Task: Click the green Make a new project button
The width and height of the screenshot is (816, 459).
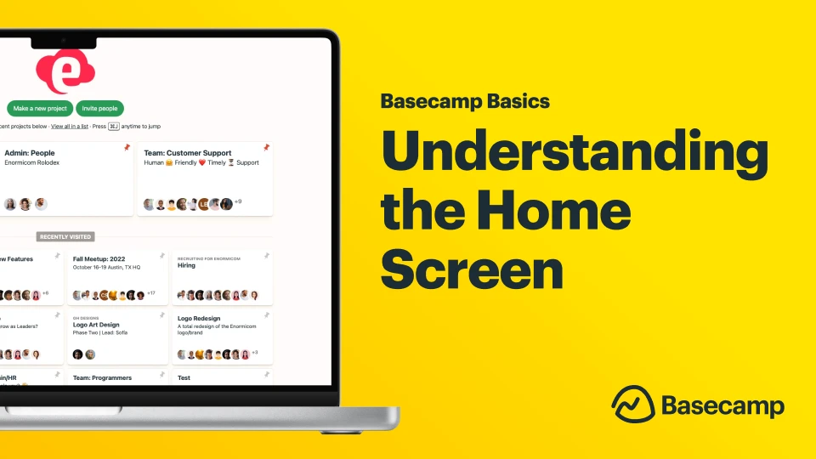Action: point(40,109)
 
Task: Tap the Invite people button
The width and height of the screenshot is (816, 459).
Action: point(99,109)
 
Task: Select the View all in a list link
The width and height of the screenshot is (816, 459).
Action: point(70,127)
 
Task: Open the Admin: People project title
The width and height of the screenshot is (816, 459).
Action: point(30,153)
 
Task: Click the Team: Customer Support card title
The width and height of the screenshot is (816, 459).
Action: point(187,153)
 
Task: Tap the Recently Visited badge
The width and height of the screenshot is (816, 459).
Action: point(65,237)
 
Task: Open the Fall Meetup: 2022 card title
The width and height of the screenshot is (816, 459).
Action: point(99,259)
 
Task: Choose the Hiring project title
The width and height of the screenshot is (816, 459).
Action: point(186,265)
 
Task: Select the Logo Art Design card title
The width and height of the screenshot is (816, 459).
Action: point(96,325)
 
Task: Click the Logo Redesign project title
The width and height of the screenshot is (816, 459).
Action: point(199,319)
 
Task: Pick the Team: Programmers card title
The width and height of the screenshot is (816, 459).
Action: point(102,377)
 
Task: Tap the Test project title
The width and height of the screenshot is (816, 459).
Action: point(184,377)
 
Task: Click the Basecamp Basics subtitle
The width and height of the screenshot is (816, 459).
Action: point(465,101)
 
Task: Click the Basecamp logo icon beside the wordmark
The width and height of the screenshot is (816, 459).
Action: point(632,403)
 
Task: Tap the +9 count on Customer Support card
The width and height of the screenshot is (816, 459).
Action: point(239,201)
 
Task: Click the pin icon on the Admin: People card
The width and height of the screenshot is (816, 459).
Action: point(127,147)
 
